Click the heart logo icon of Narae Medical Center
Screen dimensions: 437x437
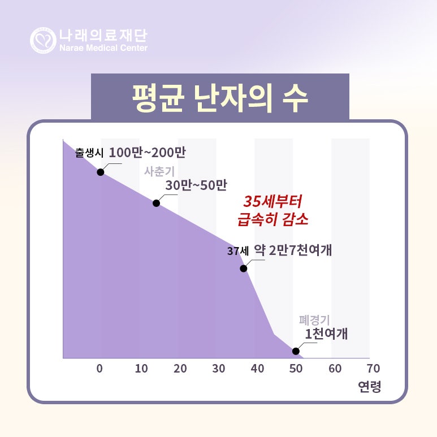click(x=43, y=40)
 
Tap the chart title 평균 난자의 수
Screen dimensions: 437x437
click(x=220, y=97)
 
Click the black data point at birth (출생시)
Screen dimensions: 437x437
click(x=100, y=172)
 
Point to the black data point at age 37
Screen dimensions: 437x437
click(x=244, y=269)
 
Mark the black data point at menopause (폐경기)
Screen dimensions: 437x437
click(x=296, y=351)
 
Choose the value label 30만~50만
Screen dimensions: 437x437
click(x=196, y=185)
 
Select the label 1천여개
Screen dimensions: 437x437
click(x=326, y=334)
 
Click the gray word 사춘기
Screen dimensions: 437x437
click(x=159, y=171)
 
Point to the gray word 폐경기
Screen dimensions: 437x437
click(x=314, y=321)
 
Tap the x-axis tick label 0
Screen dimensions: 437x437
click(x=100, y=369)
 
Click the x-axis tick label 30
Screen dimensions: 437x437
click(x=218, y=369)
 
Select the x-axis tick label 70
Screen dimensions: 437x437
click(x=373, y=369)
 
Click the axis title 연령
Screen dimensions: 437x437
click(x=370, y=387)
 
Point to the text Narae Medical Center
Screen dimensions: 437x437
click(x=103, y=48)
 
